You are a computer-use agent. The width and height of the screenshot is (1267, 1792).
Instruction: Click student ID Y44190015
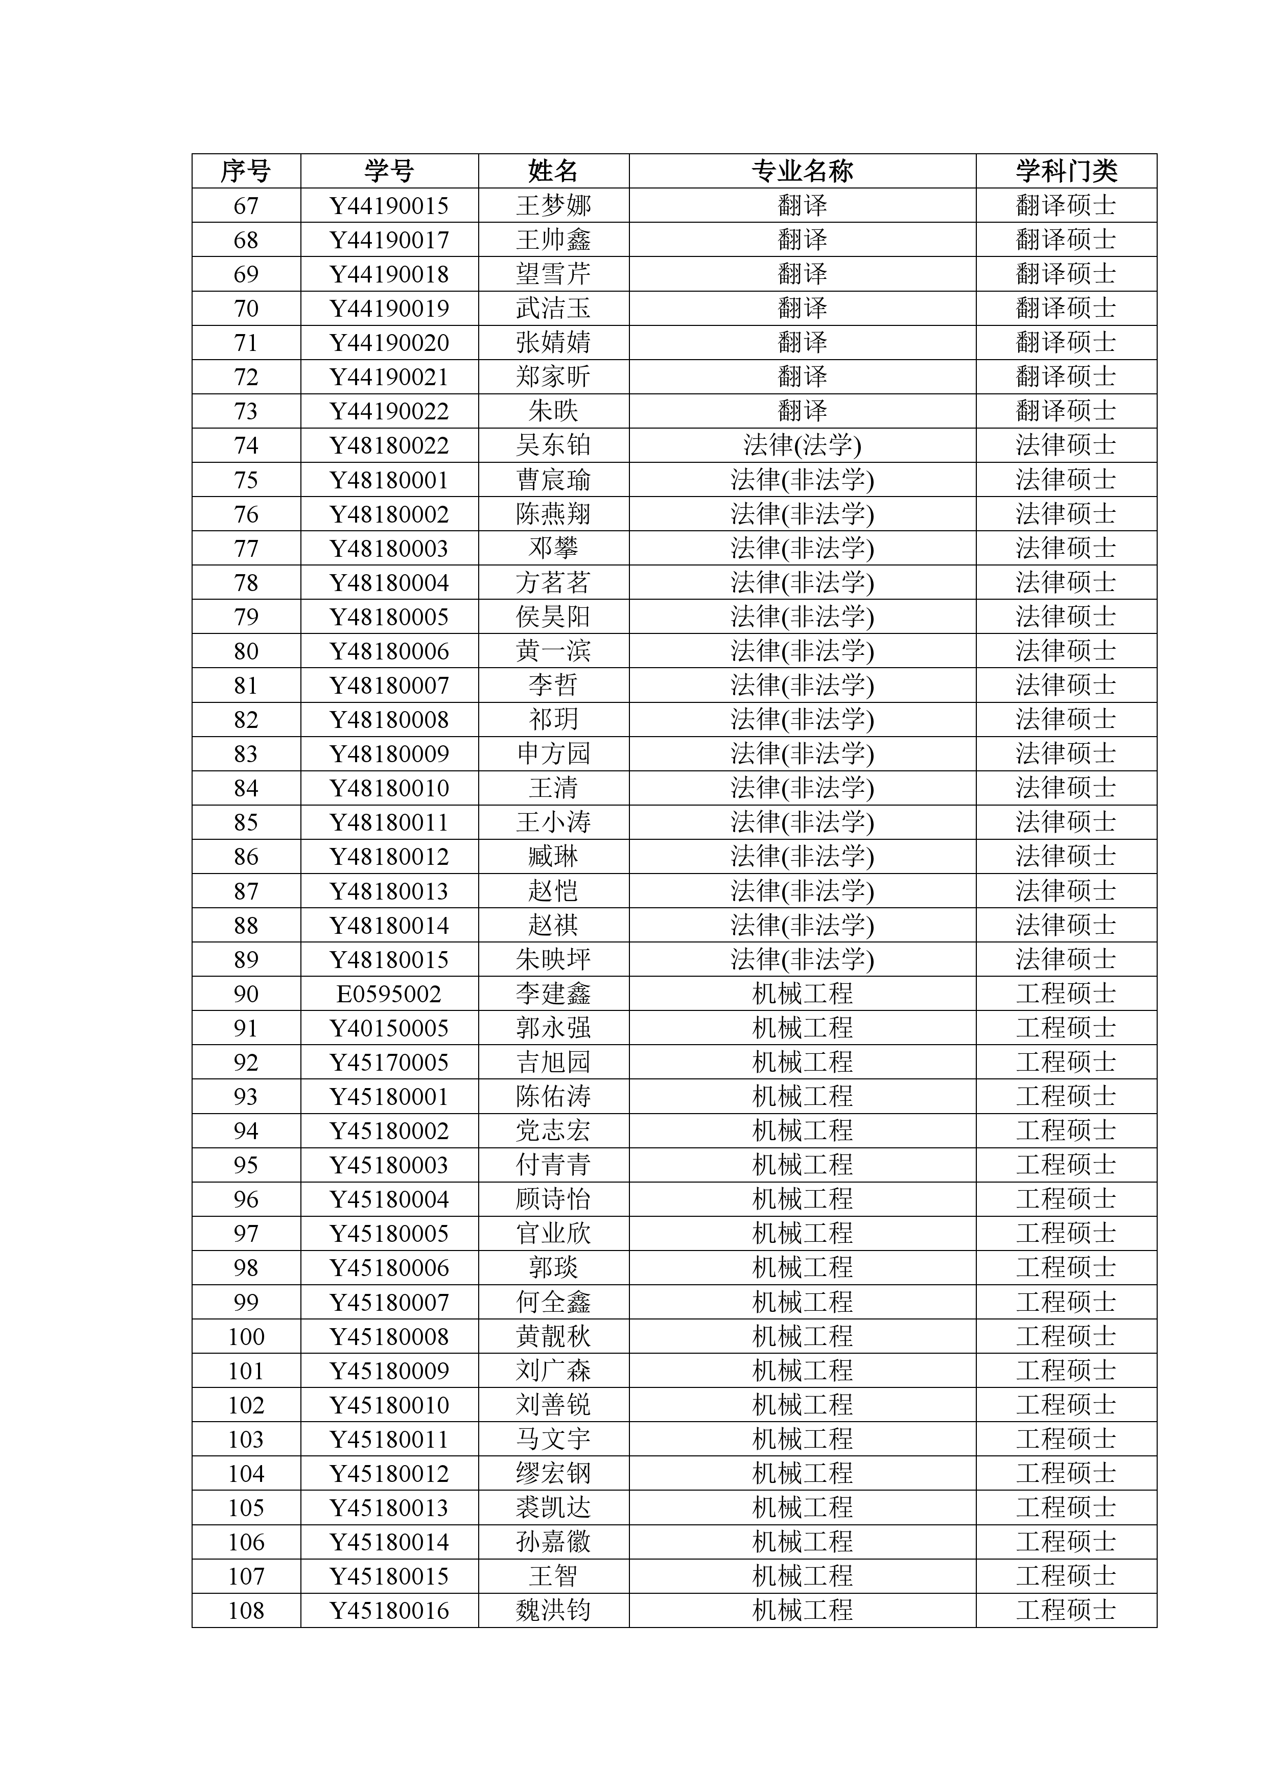[389, 206]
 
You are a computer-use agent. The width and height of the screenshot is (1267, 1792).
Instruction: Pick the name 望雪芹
[553, 274]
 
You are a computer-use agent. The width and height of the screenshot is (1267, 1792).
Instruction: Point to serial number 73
[246, 411]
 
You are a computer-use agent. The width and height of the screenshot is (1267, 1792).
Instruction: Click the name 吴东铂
[553, 445]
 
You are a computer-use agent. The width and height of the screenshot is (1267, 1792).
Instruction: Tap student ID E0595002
[389, 995]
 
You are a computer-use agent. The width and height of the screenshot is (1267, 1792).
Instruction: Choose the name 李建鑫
[553, 995]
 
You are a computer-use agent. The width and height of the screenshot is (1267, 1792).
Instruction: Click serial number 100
[246, 1337]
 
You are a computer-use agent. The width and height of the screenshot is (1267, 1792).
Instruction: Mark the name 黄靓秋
[553, 1337]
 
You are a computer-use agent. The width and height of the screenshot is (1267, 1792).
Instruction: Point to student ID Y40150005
[389, 1029]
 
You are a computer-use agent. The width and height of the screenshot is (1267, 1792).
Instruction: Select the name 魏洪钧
[553, 1611]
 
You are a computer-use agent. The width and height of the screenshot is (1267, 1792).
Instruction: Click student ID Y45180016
[389, 1611]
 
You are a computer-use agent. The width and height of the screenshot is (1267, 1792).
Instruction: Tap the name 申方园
[553, 754]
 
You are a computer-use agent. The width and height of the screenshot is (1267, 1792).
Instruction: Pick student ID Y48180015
[389, 960]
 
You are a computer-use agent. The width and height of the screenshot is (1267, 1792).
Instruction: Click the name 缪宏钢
[553, 1474]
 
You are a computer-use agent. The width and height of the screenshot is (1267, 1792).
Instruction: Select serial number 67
[246, 206]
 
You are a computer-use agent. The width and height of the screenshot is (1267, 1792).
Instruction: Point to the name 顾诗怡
[553, 1199]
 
